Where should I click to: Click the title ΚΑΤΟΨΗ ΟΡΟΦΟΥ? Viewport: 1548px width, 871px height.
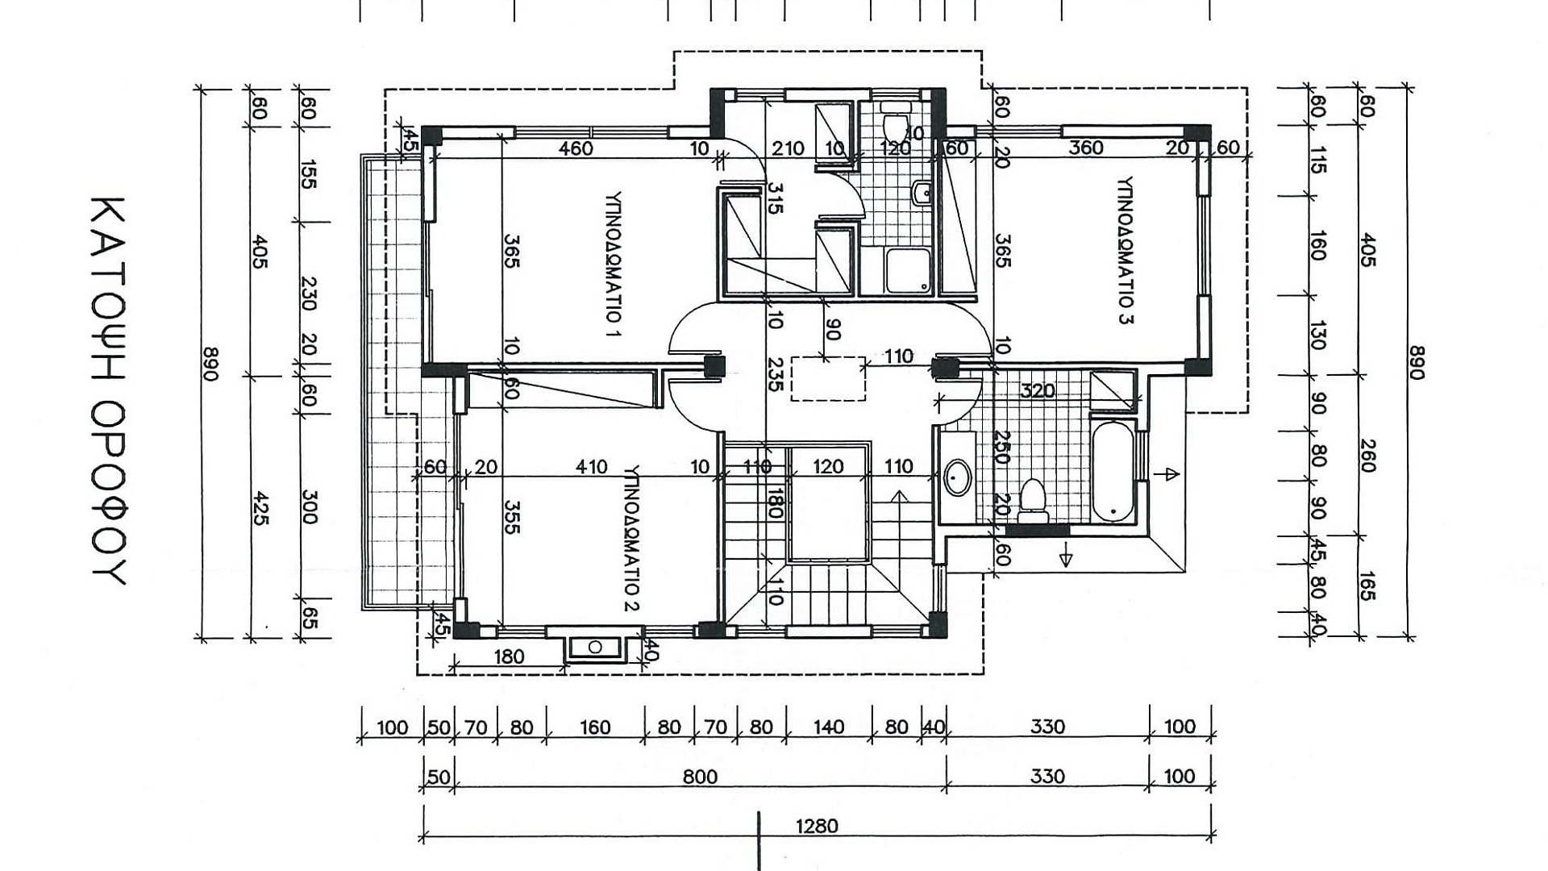(107, 390)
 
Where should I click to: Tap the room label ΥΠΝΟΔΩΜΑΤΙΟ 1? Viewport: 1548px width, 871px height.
(614, 263)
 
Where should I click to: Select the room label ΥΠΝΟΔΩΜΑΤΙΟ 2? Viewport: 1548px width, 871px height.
(632, 537)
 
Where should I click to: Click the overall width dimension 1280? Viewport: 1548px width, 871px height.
(817, 826)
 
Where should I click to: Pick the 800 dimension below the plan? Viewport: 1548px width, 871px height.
(700, 776)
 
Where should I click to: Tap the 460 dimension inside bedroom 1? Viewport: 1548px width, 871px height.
(576, 148)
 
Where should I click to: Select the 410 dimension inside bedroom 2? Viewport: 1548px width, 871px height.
(591, 466)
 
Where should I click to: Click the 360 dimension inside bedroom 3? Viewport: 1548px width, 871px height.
(1086, 148)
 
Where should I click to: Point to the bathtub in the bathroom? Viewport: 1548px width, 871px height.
(1113, 471)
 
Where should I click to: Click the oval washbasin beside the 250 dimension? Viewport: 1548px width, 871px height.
(957, 477)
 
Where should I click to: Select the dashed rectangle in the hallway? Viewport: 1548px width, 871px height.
(828, 378)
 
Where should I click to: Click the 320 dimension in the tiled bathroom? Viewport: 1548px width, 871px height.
(1038, 391)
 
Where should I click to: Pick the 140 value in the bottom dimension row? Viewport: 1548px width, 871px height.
(828, 727)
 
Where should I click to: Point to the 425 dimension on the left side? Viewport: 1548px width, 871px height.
(260, 508)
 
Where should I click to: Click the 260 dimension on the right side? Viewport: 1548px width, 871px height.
(1367, 456)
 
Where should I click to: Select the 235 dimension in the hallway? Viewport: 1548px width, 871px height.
(774, 374)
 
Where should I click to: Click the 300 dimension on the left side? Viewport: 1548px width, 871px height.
(310, 506)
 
